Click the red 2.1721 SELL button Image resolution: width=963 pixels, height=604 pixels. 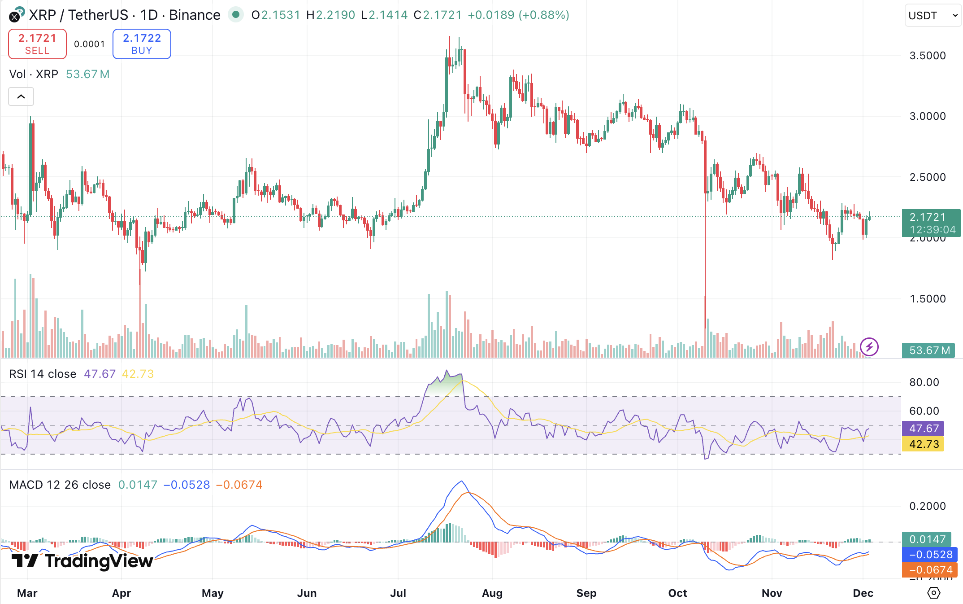[x=37, y=44]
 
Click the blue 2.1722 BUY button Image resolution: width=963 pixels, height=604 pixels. [x=142, y=44]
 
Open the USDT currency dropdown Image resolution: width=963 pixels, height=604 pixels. [x=933, y=16]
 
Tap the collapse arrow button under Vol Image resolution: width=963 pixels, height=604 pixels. [x=21, y=96]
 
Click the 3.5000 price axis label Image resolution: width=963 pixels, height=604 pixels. [x=927, y=56]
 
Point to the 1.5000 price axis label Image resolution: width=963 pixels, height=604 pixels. [x=927, y=299]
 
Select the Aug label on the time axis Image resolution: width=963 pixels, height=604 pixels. [x=492, y=593]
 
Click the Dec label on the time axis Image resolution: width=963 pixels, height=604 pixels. [x=863, y=593]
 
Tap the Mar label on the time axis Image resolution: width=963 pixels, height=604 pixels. [x=27, y=593]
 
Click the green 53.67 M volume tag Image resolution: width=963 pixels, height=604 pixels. [x=929, y=350]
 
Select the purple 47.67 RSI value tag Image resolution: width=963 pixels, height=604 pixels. [x=924, y=429]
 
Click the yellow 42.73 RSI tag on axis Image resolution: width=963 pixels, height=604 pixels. [x=924, y=444]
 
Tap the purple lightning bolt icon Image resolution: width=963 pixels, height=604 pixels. [x=869, y=347]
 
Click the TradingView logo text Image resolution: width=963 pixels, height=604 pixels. [x=98, y=561]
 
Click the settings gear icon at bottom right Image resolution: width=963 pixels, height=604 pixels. [x=933, y=593]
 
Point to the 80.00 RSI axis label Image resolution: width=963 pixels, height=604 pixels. [x=924, y=382]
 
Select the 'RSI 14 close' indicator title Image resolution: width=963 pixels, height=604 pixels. [x=43, y=374]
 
